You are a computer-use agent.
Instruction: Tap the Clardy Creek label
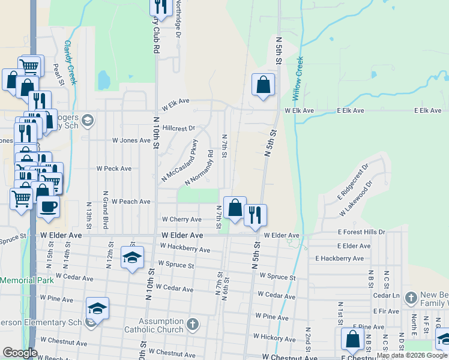tap(70, 62)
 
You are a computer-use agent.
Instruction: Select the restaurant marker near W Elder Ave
tap(255, 215)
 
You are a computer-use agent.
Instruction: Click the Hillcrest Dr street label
tap(179, 128)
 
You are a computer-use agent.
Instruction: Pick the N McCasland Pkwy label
tap(179, 161)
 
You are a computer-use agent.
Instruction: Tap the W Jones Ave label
tap(131, 140)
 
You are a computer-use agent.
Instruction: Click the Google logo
tap(20, 352)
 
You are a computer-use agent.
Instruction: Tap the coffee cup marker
tap(48, 206)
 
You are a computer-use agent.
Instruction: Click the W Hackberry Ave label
tap(185, 248)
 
